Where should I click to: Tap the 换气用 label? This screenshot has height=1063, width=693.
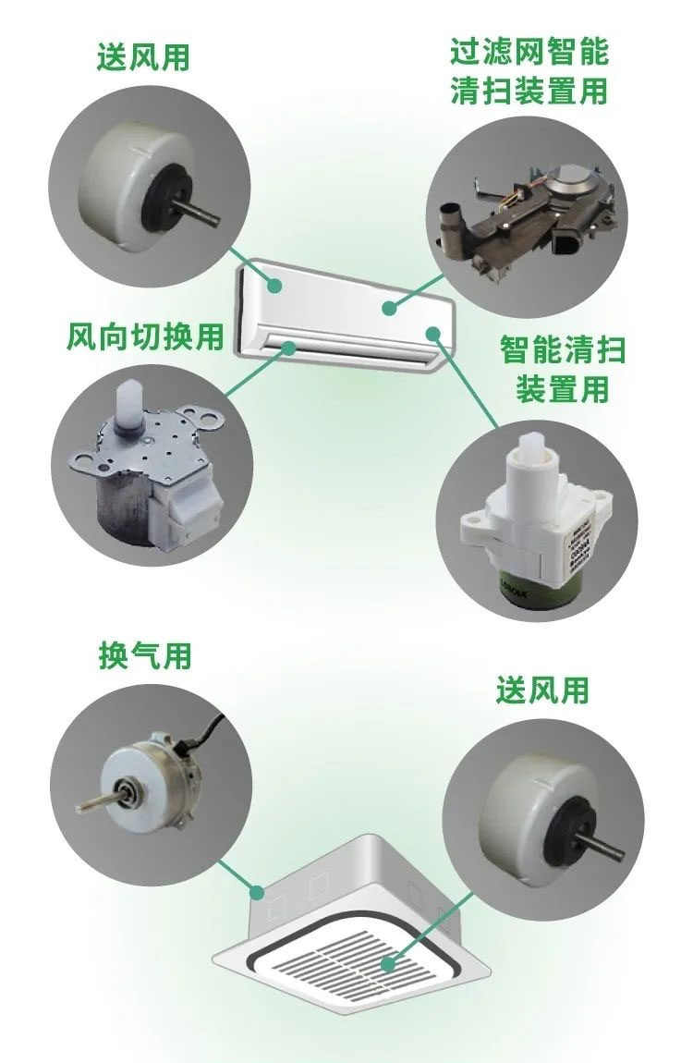pos(145,654)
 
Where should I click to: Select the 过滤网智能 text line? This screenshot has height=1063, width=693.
pos(529,52)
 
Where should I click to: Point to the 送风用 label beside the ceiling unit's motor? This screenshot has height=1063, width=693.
pos(542,690)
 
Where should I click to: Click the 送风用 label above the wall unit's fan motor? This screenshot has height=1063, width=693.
pos(143,56)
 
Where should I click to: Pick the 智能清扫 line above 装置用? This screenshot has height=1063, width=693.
pos(563,350)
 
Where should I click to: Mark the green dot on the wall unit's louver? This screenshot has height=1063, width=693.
pos(288,348)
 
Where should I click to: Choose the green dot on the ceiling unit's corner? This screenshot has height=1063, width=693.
pos(257,891)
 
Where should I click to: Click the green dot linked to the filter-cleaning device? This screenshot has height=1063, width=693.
pos(388,309)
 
